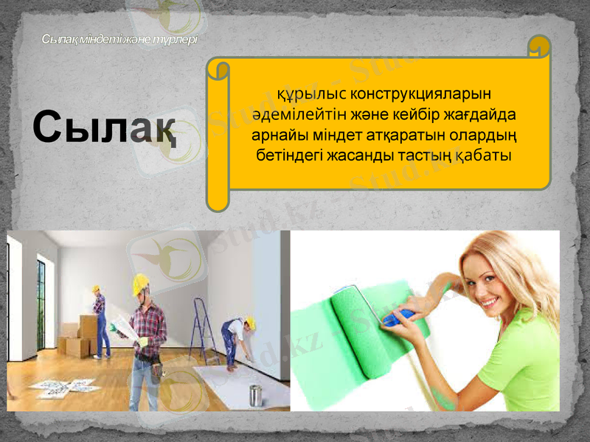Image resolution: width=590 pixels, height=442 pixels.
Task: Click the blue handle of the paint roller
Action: (398, 318)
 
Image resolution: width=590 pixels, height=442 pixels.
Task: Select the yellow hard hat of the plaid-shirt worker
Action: (140, 284)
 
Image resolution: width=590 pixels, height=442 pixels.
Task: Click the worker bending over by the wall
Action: (237, 339)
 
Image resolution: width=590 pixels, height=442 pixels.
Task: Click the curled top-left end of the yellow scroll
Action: (219, 70)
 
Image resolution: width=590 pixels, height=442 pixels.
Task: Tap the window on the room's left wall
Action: (41, 302)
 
